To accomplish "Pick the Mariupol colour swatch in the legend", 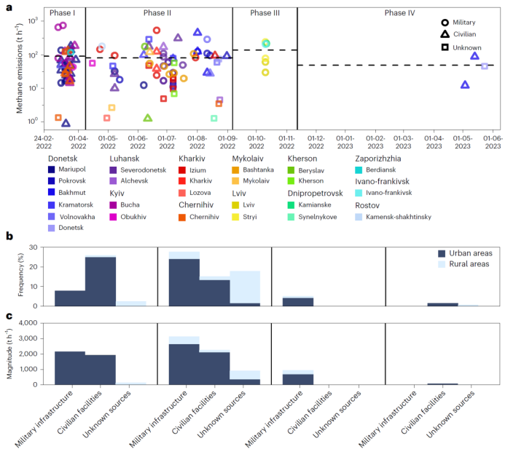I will click(52, 170).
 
